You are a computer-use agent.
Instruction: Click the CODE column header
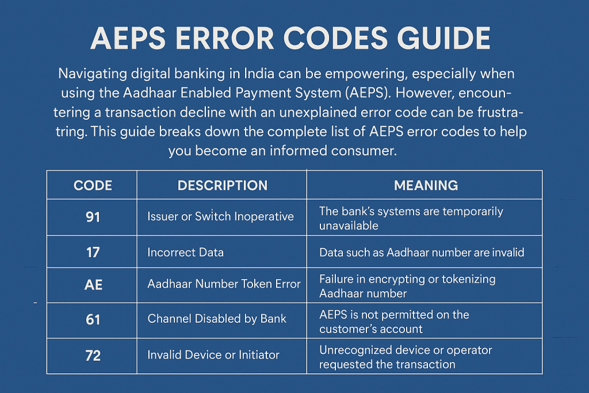[93, 185]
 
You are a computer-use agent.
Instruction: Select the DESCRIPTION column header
[222, 185]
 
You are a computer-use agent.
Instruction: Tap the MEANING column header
[426, 185]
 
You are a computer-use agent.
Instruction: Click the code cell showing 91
[93, 217]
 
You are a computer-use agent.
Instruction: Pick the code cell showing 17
[93, 252]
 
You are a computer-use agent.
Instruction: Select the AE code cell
[93, 284]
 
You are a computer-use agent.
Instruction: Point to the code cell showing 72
[93, 356]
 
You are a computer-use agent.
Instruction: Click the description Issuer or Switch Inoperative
[221, 217]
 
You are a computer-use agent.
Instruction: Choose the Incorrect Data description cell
[185, 252]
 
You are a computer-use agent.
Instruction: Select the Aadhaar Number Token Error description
[224, 284]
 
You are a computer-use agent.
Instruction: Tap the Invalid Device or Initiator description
[213, 356]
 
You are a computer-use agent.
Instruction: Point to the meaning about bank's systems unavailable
[411, 218]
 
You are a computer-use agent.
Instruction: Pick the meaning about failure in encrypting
[407, 286]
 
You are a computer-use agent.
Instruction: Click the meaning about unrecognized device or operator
[406, 357]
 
